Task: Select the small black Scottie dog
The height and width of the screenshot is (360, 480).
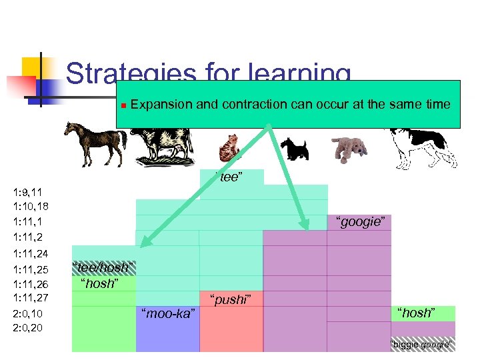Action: coord(293,149)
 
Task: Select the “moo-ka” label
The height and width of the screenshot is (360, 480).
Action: coord(167,313)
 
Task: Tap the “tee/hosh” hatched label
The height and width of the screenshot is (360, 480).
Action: coord(104,267)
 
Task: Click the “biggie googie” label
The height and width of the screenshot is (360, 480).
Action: coord(421,345)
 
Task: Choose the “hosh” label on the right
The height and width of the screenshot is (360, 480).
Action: coord(416,313)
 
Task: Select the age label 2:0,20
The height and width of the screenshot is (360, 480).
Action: coord(27,327)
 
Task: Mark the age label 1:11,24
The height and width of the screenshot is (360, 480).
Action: coord(30,253)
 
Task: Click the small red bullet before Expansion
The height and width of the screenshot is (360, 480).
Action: coord(123,105)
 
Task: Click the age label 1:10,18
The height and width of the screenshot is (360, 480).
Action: coord(30,206)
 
